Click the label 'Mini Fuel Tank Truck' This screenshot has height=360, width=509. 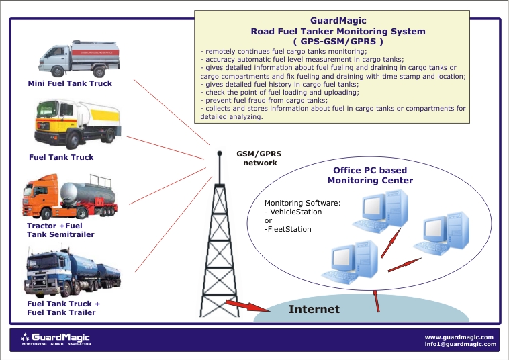[x=70, y=84]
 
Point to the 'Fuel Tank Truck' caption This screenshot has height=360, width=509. [x=61, y=157]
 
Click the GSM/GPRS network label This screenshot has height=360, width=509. [x=259, y=158]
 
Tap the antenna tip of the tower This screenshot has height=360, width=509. [x=220, y=154]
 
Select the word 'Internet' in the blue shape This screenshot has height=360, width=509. [x=314, y=310]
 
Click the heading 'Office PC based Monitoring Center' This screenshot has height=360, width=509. [x=370, y=175]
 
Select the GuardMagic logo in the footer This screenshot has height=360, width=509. [x=56, y=338]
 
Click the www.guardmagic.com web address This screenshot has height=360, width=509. [x=460, y=336]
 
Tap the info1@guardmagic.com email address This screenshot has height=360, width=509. [x=460, y=344]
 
